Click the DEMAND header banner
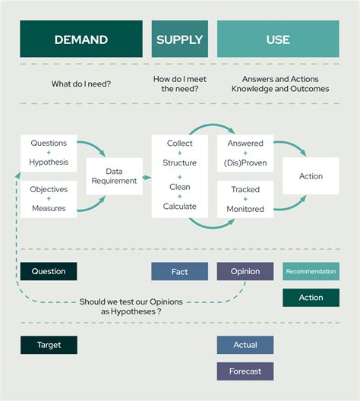pos(81,39)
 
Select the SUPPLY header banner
pos(179,39)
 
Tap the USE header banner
pos(278,39)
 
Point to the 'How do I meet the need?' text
pos(179,84)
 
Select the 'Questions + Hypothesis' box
pos(49,153)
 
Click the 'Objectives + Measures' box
pos(49,199)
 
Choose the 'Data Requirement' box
pos(114,176)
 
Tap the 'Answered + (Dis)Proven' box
pos(245,153)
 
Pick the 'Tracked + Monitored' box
pos(245,199)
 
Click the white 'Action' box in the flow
pos(311,176)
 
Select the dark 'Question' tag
pos(49,272)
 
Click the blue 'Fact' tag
pos(179,272)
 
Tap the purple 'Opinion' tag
pos(245,272)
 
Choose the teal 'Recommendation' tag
pos(311,272)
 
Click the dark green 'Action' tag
pos(311,298)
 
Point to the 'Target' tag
pos(49,345)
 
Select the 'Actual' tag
pos(245,345)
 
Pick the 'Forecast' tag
pos(245,371)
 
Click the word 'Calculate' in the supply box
pos(179,207)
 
